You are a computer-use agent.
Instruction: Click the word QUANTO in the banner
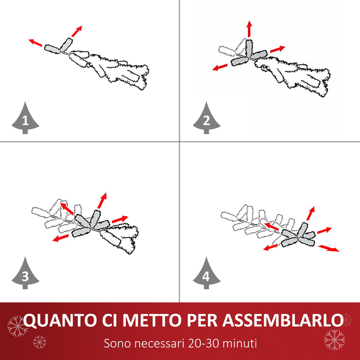click(x=60, y=320)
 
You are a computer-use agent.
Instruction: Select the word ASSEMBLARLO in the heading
click(x=283, y=320)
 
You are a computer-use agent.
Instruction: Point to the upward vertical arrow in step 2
click(x=249, y=29)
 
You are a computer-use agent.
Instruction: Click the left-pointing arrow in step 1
click(x=36, y=43)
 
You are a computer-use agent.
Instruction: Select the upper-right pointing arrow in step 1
click(x=76, y=31)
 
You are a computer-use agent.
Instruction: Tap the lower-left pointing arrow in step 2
click(x=220, y=67)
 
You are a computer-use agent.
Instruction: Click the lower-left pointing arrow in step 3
click(x=61, y=238)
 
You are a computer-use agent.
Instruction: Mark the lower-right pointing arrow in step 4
click(x=328, y=248)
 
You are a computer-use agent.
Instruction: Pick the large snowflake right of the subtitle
click(x=334, y=340)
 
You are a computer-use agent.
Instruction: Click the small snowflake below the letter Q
click(x=39, y=342)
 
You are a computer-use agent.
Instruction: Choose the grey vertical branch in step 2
click(x=249, y=48)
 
